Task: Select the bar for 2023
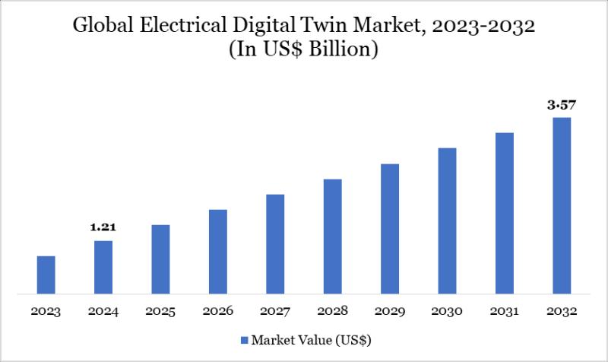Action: [x=46, y=275]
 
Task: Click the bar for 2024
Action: [x=103, y=267]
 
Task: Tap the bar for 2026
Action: [x=218, y=251]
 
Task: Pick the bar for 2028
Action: [x=333, y=236]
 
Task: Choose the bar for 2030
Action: [x=447, y=221]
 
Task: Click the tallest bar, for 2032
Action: [x=562, y=205]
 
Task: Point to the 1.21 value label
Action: [x=103, y=227]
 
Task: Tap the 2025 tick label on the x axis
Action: [x=160, y=311]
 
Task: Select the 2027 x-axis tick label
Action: [x=275, y=311]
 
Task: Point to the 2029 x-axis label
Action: [x=390, y=311]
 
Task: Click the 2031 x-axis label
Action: [x=505, y=311]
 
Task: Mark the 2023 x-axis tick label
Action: [x=46, y=311]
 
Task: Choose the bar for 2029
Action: [x=390, y=228]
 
